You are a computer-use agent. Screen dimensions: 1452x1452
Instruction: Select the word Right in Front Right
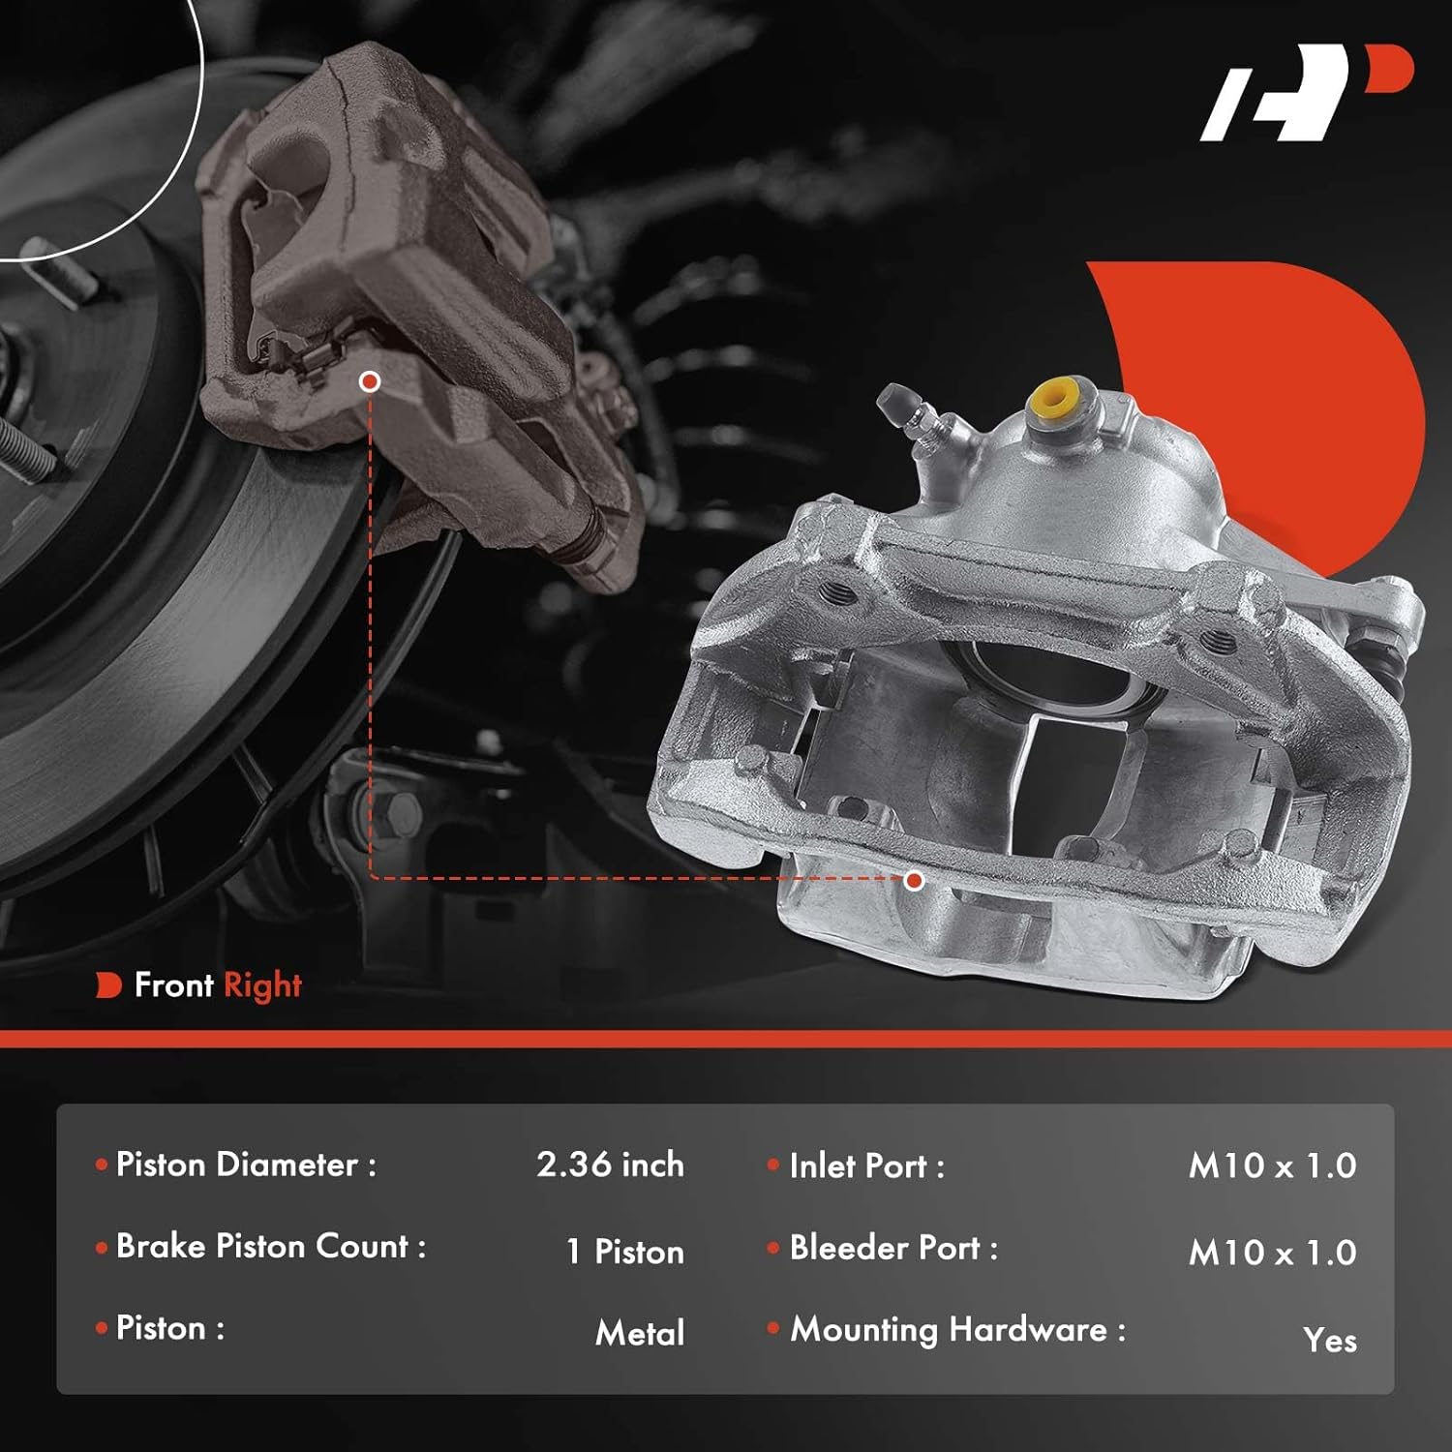pyautogui.click(x=262, y=985)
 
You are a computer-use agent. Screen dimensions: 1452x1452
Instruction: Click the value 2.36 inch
pyautogui.click(x=610, y=1165)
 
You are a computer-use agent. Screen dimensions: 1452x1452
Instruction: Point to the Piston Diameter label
pyautogui.click(x=246, y=1165)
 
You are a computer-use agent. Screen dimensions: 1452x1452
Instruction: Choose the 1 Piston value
pyautogui.click(x=625, y=1251)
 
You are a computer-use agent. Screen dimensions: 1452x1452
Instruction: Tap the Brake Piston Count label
pyautogui.click(x=271, y=1247)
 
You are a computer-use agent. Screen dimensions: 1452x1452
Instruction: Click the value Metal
pyautogui.click(x=640, y=1333)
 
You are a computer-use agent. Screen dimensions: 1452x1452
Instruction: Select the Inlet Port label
pyautogui.click(x=866, y=1165)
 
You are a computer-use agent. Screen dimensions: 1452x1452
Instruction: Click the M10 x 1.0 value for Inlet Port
pyautogui.click(x=1272, y=1165)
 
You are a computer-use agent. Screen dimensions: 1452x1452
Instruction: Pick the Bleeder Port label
pyautogui.click(x=892, y=1248)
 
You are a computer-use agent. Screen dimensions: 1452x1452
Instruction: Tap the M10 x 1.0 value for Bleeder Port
pyautogui.click(x=1272, y=1253)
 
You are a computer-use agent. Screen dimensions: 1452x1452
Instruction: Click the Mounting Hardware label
pyautogui.click(x=957, y=1330)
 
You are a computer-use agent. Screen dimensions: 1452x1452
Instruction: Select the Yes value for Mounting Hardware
pyautogui.click(x=1329, y=1340)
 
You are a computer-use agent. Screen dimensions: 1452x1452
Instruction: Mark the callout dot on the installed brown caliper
pyautogui.click(x=369, y=381)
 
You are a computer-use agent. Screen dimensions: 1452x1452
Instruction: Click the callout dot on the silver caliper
pyautogui.click(x=914, y=880)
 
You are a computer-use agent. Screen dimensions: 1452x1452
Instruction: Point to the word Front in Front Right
pyautogui.click(x=173, y=985)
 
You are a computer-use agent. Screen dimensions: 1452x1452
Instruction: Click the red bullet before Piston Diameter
pyautogui.click(x=102, y=1165)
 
